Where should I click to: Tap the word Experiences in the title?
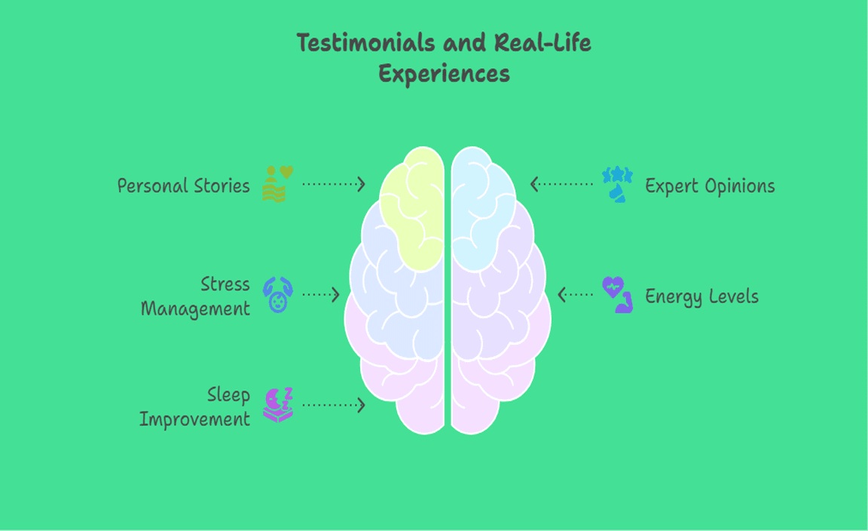[444, 75]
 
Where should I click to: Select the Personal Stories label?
[183, 186]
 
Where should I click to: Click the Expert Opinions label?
[710, 186]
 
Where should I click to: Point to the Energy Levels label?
[701, 296]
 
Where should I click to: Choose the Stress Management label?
[196, 296]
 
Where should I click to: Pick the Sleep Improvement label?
[195, 407]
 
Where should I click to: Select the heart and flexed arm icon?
[617, 295]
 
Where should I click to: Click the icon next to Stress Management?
[277, 295]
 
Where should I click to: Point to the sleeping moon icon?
[277, 404]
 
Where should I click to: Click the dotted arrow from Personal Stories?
[333, 184]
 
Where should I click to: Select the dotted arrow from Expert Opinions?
[561, 184]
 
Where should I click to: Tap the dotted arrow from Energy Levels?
[575, 294]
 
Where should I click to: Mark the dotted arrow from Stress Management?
[321, 295]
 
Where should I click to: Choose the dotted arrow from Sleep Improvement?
[333, 405]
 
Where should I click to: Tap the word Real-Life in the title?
[542, 43]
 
